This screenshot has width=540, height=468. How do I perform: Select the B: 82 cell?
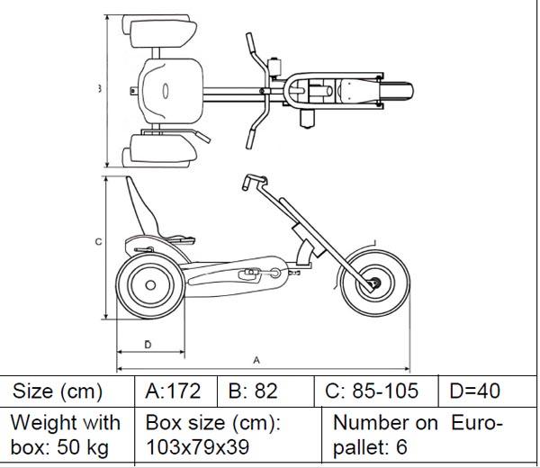click(254, 391)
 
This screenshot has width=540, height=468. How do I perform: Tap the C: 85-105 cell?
click(373, 391)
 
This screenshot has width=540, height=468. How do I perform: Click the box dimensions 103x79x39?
click(197, 446)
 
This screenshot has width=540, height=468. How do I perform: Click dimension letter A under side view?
click(256, 359)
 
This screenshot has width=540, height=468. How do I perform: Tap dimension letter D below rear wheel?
click(148, 345)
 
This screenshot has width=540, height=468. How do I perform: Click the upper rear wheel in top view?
click(164, 34)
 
